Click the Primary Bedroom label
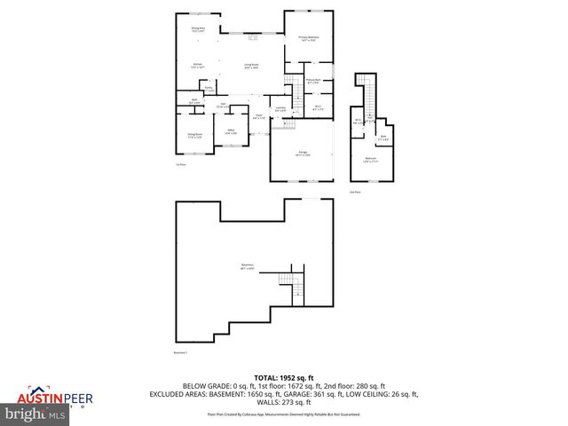pos(309,38)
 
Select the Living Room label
pos(251,65)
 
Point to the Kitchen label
pos(199,65)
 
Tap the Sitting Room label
pos(194,136)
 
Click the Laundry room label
pos(280,108)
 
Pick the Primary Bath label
pos(313,82)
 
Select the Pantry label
pos(209,89)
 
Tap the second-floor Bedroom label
pos(370,161)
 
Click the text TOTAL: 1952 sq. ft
pos(283,376)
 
